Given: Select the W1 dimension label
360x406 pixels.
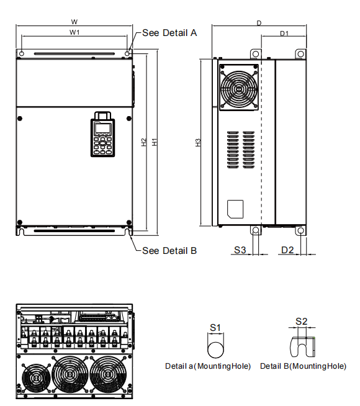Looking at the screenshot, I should [74, 32].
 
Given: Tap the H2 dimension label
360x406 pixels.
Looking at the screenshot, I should [143, 142].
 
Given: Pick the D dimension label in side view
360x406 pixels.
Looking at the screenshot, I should [259, 22].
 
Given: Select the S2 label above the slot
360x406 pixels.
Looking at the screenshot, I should [301, 321].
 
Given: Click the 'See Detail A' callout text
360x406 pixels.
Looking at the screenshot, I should [169, 33].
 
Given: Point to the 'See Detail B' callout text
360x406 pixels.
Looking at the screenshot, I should [169, 251].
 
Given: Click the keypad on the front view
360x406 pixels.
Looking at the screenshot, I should [102, 134].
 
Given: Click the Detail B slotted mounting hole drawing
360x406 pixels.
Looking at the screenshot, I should [302, 345].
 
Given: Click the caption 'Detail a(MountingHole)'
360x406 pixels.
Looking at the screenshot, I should [208, 366].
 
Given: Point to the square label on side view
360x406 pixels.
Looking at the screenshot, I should [235, 208].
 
